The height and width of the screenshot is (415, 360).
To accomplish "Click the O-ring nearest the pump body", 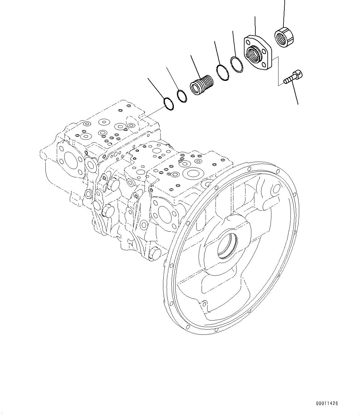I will click(x=168, y=103).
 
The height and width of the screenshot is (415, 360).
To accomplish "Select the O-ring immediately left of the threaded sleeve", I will click(x=182, y=96).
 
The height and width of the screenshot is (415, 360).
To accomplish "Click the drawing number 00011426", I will click(x=327, y=403).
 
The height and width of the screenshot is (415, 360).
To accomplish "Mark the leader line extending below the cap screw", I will click(x=295, y=94).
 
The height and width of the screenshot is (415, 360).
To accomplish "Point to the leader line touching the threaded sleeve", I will click(x=195, y=66).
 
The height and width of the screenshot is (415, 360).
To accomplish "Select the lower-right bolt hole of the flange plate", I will click(x=265, y=64).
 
